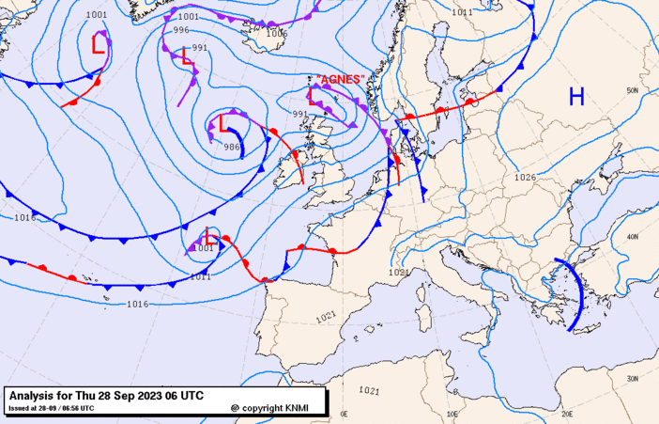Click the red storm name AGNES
point(340,80)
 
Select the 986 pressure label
point(232,147)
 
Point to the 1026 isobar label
point(525,177)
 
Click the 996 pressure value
point(181,30)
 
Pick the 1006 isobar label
point(276,33)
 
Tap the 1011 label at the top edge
point(462,12)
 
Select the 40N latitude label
point(632,237)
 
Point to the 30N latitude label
point(632,378)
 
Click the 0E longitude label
point(344,413)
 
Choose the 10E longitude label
point(453,413)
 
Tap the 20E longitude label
point(566,413)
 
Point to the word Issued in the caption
point(18,408)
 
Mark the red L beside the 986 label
point(223,122)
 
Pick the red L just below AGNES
point(313,95)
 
